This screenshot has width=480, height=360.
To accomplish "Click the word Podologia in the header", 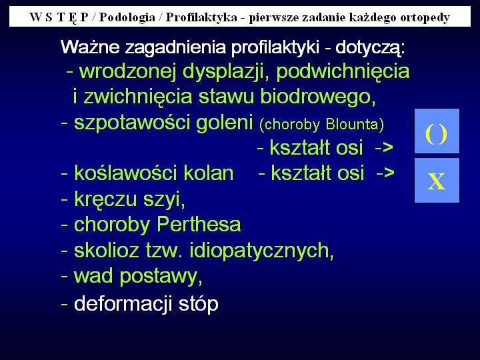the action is pos(127,17).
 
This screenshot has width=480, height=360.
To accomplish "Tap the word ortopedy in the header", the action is pos(425,18).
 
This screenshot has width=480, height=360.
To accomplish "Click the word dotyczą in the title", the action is pos(369,48).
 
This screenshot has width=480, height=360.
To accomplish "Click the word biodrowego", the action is pos(318,97).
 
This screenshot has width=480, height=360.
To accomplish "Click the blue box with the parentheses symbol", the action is pos(437,131).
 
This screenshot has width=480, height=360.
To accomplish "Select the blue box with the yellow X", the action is pos(437,180).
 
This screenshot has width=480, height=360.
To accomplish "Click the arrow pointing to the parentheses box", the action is pos(384,148).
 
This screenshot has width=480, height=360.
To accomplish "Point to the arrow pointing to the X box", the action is pos(385,173).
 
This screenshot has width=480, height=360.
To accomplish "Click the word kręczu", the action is pos(106,199).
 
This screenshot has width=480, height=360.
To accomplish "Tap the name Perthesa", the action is pos(199,225).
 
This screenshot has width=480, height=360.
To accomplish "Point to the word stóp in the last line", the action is pos(199,304).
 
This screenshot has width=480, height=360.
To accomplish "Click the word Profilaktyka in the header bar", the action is pos(201,17).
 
